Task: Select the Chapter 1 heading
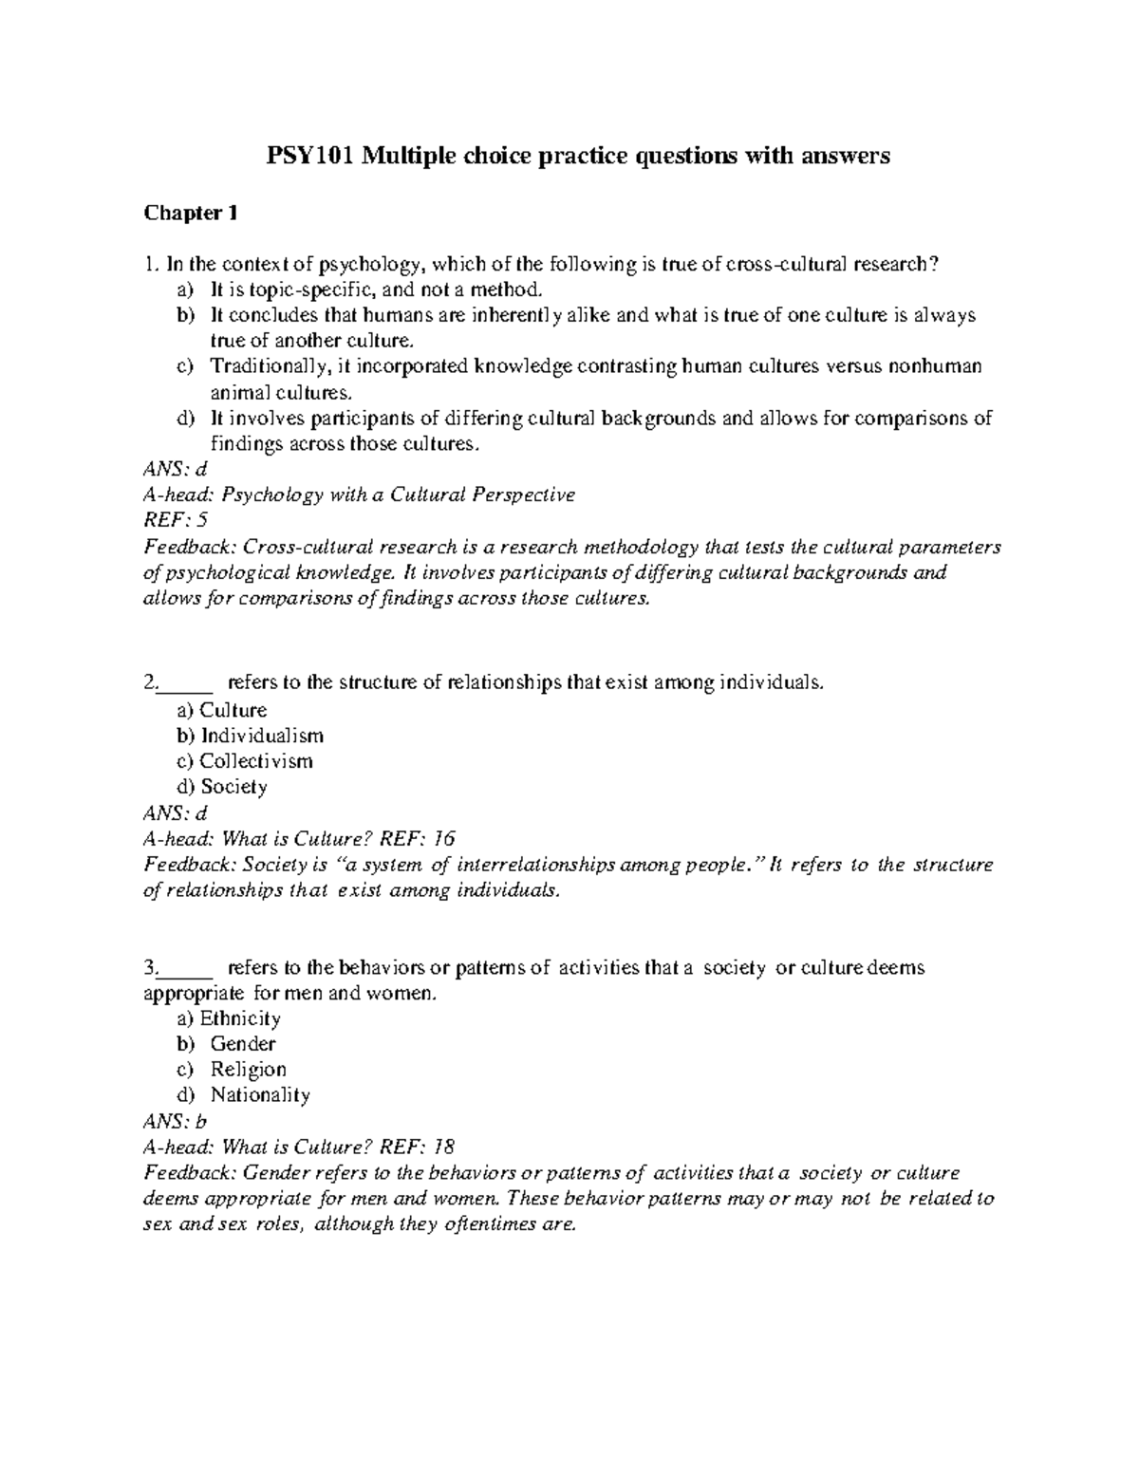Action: [x=190, y=214]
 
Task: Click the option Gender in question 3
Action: [x=243, y=1044]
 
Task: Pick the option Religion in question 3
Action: [x=248, y=1070]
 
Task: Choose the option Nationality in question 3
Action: [x=260, y=1095]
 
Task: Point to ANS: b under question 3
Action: [x=175, y=1121]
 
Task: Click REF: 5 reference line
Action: [x=175, y=520]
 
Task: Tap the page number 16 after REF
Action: [x=443, y=838]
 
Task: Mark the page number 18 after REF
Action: [x=443, y=1147]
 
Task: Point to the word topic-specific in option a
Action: [x=294, y=289]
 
